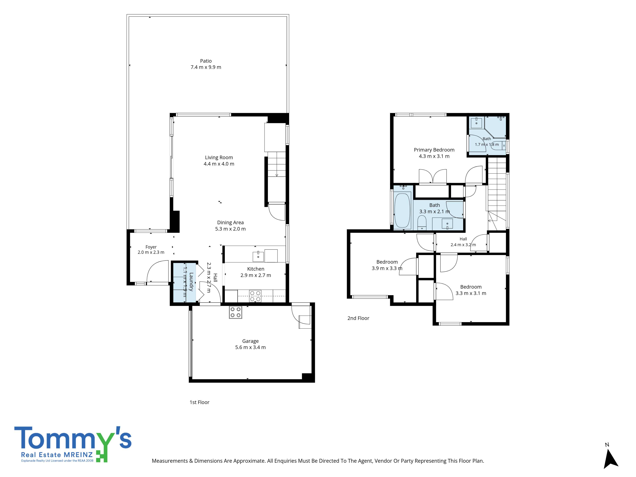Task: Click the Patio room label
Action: point(206,61)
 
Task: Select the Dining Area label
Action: point(230,223)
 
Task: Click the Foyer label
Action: point(151,247)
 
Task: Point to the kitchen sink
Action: point(258,256)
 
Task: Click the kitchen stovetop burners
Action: point(255,296)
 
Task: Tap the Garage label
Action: point(250,341)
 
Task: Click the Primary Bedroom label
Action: point(434,150)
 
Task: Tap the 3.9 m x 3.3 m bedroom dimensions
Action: point(387,268)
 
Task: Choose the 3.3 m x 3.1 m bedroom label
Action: point(471,287)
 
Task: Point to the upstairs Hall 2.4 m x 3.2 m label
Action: point(463,242)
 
